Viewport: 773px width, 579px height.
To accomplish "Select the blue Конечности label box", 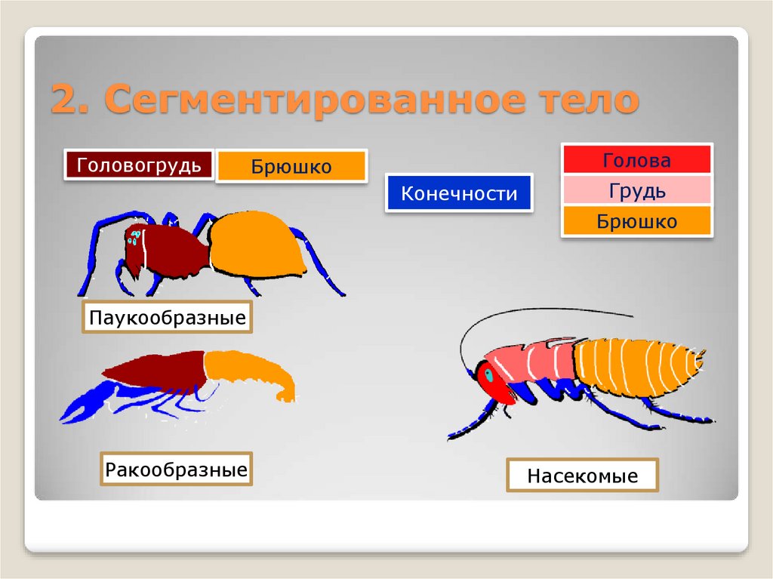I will tap(459, 193).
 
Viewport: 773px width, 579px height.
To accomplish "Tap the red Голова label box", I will tap(636, 160).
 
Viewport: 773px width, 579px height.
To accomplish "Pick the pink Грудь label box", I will tap(636, 191).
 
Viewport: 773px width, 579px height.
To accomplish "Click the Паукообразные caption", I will tap(167, 318).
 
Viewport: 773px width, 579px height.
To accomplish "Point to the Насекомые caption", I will tap(582, 476).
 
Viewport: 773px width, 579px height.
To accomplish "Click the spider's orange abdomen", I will tap(257, 243).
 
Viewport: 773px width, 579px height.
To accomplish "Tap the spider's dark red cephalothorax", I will tap(166, 249).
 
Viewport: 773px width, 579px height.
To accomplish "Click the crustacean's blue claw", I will tap(85, 403).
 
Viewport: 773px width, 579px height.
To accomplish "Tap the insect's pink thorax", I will tap(532, 360).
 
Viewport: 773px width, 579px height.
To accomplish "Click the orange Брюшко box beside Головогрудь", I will tap(291, 166).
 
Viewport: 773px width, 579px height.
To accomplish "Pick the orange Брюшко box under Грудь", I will tap(636, 222).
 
